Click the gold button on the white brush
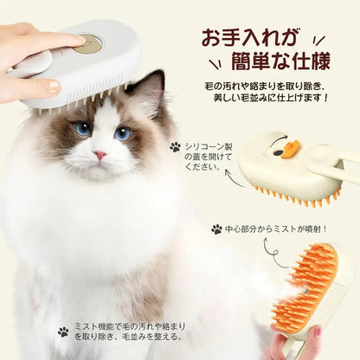[x=86, y=42]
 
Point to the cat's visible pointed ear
[x=153, y=86]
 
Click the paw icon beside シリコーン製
[x=176, y=147]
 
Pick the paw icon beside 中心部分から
[x=216, y=229]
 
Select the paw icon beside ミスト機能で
[x=63, y=331]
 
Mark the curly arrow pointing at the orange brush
[x=276, y=254]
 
